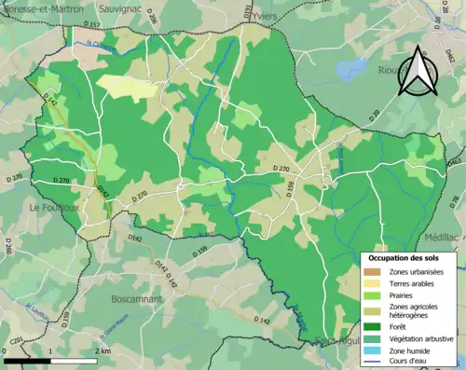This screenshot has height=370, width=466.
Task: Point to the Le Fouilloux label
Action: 59,207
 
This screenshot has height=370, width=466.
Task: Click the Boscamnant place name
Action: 137,300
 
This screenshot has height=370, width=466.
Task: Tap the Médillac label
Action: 443,238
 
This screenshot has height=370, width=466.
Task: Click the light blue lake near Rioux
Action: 352,68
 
